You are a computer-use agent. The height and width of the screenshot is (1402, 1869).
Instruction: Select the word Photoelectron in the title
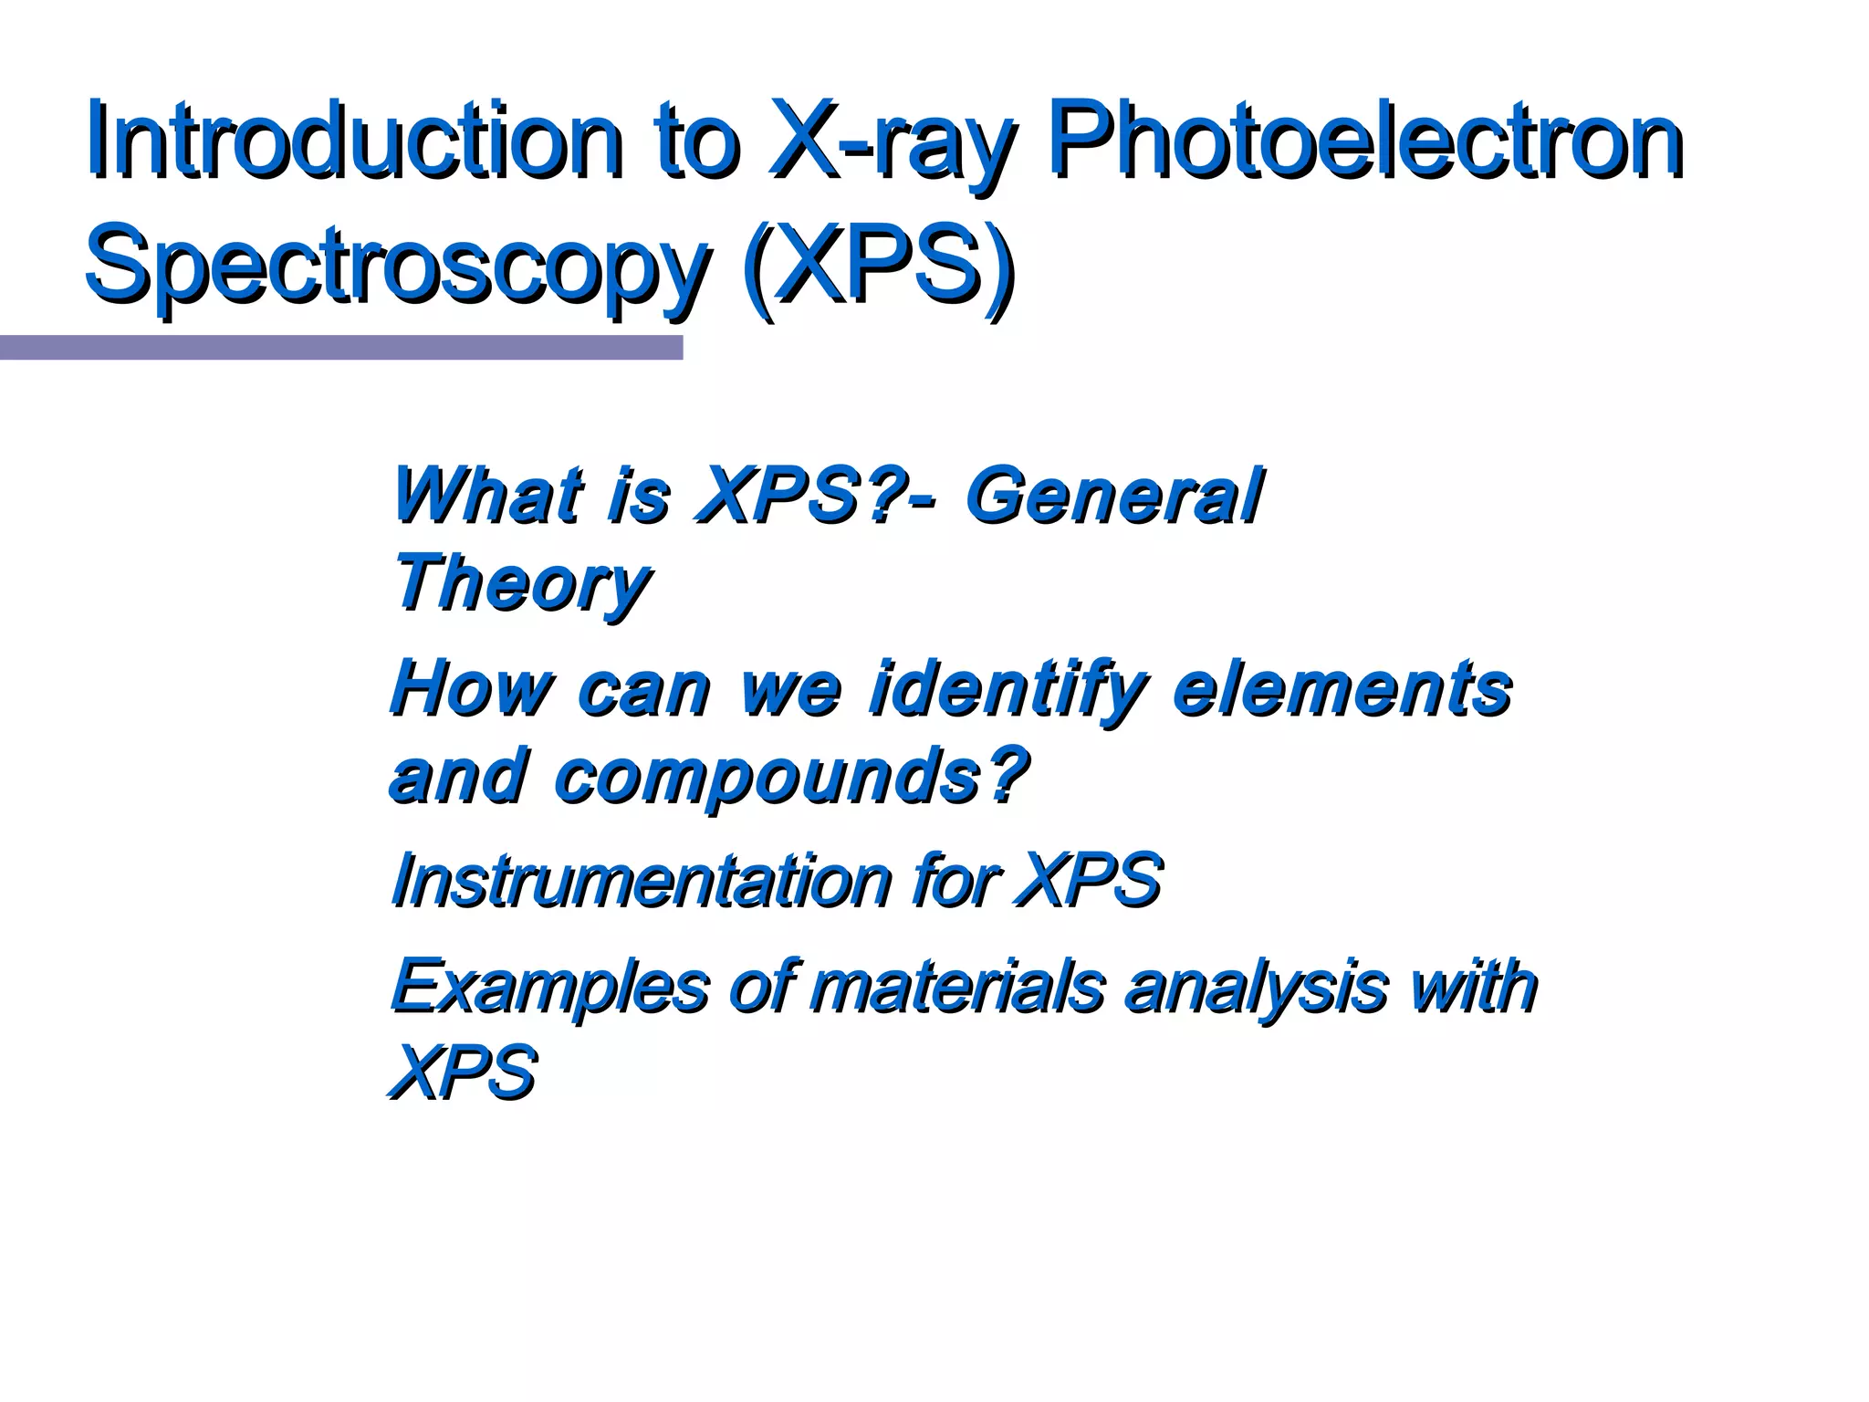tap(1364, 141)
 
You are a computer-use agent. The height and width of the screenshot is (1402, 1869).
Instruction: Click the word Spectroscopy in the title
tap(397, 267)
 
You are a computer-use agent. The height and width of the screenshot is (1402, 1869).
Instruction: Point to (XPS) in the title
tap(878, 267)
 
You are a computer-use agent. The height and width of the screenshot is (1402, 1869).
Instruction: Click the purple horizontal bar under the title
tap(340, 348)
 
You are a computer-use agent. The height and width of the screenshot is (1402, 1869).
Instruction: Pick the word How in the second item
tap(470, 688)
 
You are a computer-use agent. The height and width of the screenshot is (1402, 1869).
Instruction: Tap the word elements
tap(1342, 688)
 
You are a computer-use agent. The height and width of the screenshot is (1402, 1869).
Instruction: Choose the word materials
tap(958, 987)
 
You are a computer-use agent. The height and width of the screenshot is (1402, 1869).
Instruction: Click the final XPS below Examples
tap(464, 1072)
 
